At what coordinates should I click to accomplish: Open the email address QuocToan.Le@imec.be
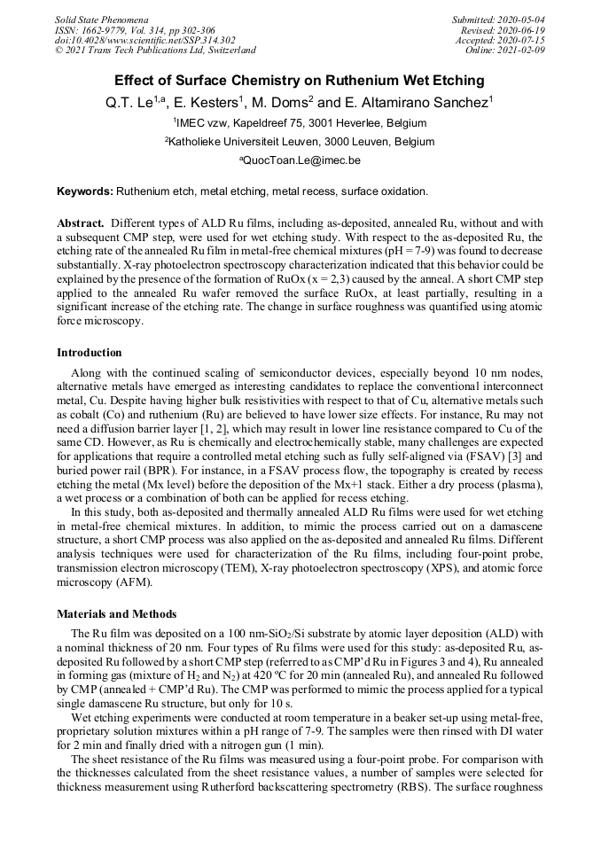coord(301,160)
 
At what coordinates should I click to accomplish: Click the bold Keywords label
coord(85,191)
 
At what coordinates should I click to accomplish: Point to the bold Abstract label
coord(82,222)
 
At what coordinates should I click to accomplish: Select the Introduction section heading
coord(90,353)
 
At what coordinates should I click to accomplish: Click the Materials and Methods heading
coord(116,613)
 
